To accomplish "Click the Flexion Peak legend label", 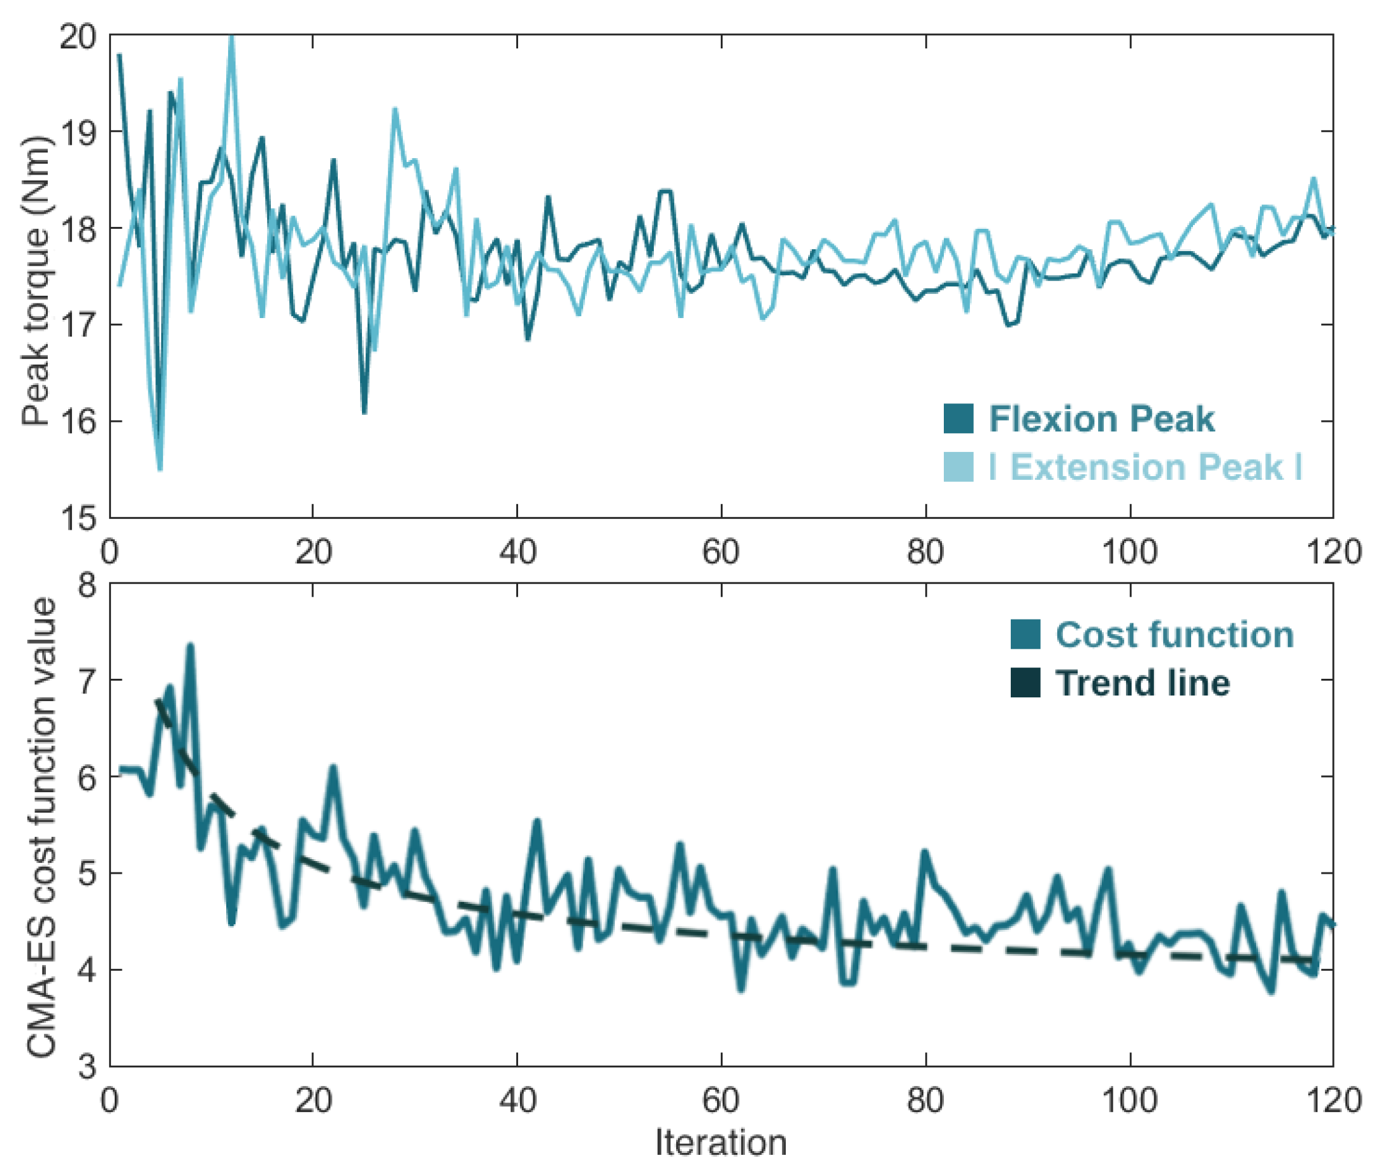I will coord(1101,419).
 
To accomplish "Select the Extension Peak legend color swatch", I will coord(958,467).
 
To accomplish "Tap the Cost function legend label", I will coord(1175,634).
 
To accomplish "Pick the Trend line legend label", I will coord(1142,683).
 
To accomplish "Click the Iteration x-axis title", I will coord(721,1142).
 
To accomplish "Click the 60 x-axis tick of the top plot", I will coord(721,552).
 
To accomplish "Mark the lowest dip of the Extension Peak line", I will coord(160,468).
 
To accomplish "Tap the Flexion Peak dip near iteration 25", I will coord(364,412).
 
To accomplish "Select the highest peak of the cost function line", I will coord(191,646).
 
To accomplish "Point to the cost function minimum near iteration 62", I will coord(741,990).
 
